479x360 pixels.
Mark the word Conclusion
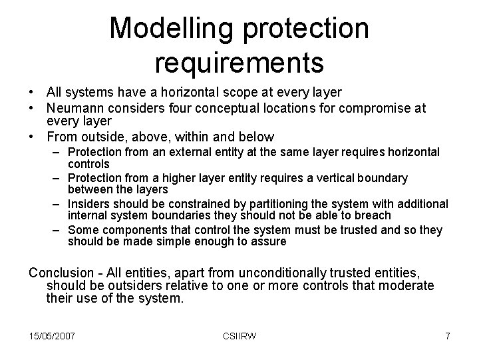(x=59, y=273)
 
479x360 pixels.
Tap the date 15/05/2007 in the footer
(x=51, y=336)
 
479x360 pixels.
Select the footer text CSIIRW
(x=239, y=336)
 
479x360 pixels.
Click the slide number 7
(x=448, y=336)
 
